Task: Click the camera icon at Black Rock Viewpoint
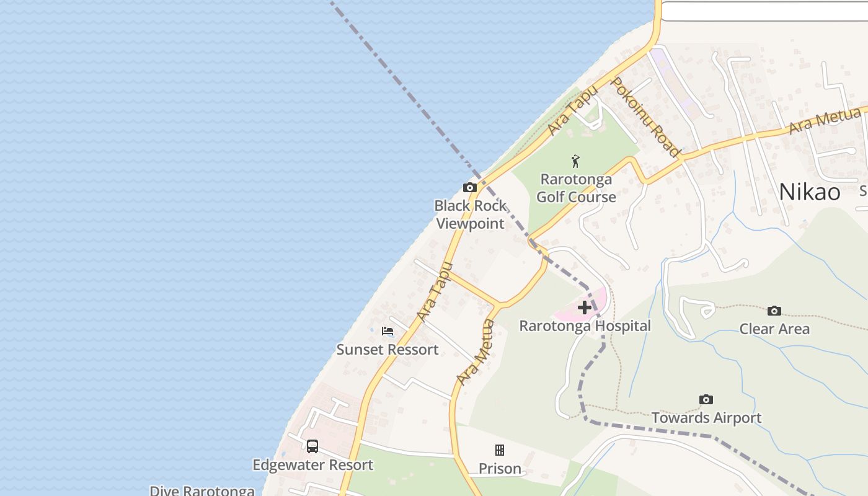coord(470,187)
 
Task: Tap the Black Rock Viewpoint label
coord(471,215)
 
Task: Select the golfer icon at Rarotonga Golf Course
coord(576,162)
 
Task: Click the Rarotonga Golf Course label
coord(576,188)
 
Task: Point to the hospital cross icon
coord(584,308)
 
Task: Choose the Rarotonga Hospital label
coord(585,326)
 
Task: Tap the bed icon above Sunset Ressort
coord(387,331)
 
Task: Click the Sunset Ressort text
coord(387,350)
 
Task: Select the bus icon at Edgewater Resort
coord(312,446)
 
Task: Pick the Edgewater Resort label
coord(312,465)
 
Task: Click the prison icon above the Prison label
coord(500,450)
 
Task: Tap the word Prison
coord(500,469)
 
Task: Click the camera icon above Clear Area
coord(774,311)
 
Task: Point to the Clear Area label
coord(774,329)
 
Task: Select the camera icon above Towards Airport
coord(706,400)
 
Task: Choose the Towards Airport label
coord(706,418)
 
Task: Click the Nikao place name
coord(810,192)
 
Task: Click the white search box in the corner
coord(764,11)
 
